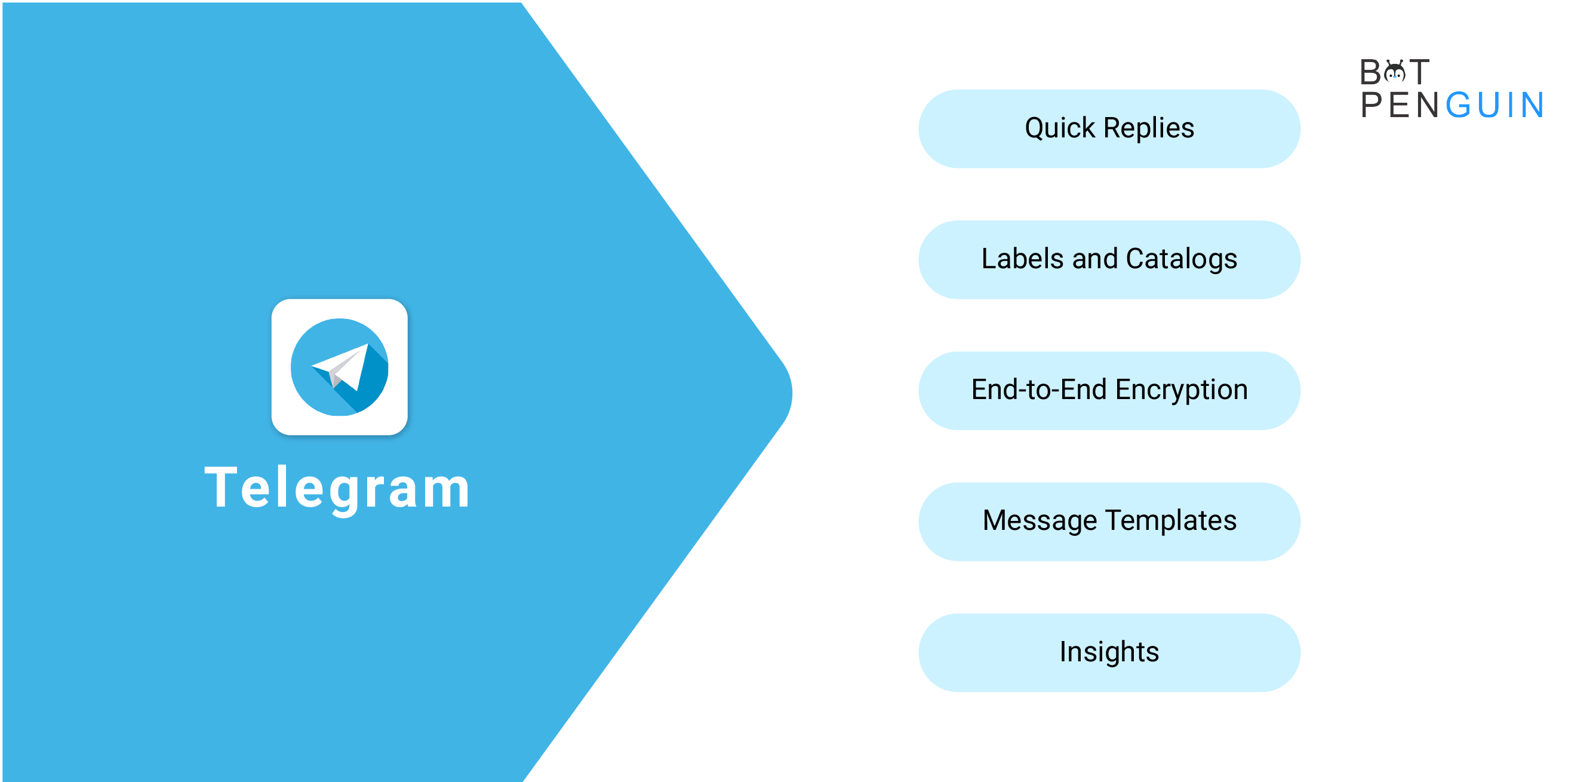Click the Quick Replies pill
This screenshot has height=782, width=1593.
pyautogui.click(x=1109, y=128)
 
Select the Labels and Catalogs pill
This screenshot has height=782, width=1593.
pyautogui.click(x=1109, y=260)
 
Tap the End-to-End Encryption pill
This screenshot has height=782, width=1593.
pyautogui.click(x=1109, y=391)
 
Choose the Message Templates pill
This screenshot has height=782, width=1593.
pyautogui.click(x=1109, y=522)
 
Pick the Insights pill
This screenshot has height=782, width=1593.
pyautogui.click(x=1109, y=653)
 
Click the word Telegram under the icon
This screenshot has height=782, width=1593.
pyautogui.click(x=338, y=489)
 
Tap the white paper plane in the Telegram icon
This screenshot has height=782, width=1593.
pyautogui.click(x=342, y=366)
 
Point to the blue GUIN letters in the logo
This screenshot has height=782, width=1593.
pyautogui.click(x=1494, y=105)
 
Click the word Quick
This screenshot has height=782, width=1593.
pyautogui.click(x=1060, y=128)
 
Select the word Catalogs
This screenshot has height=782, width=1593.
pyautogui.click(x=1182, y=259)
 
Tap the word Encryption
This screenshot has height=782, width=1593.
pyautogui.click(x=1181, y=390)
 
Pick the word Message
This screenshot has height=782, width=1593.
pyautogui.click(x=1040, y=521)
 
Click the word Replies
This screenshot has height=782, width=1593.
pyautogui.click(x=1149, y=128)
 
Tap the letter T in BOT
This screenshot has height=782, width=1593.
pyautogui.click(x=1419, y=72)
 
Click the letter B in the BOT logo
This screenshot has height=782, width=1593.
pyautogui.click(x=1370, y=72)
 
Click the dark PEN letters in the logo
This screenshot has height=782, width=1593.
pyautogui.click(x=1400, y=105)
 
